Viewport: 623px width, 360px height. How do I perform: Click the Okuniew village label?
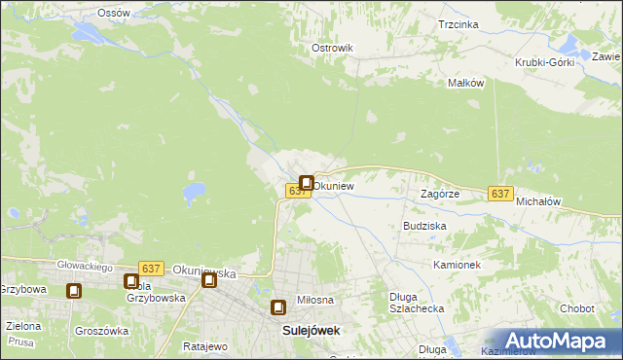pos(333,185)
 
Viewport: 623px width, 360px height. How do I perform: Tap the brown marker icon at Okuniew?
pos(307,183)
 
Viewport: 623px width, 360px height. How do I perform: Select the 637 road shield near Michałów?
pos(500,194)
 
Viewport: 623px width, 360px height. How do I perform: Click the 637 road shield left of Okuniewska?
pos(150,268)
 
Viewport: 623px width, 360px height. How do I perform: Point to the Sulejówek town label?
pos(311,330)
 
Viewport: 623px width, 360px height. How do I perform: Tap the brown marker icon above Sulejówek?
pos(279,307)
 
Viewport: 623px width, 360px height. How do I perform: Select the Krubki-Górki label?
pos(545,62)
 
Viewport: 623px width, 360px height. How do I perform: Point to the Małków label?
pos(465,83)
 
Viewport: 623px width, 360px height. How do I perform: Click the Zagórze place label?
pos(440,194)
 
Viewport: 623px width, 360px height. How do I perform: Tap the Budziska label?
pos(424,225)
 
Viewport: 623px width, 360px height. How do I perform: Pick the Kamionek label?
pos(458,264)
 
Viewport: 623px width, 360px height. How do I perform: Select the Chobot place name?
pos(576,308)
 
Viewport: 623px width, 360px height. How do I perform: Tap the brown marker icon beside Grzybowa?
pos(74,290)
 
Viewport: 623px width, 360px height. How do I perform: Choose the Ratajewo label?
pos(204,345)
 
